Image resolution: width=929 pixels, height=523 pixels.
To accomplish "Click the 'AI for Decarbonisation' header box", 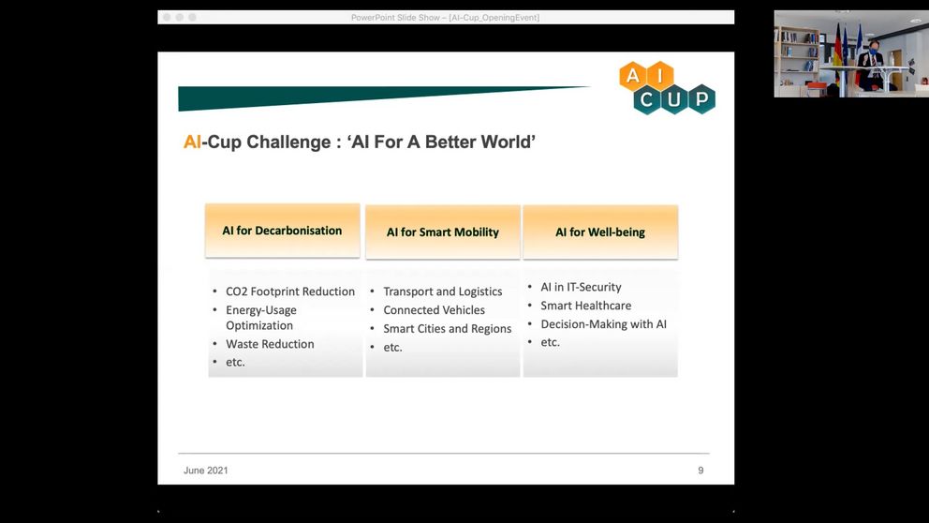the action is pyautogui.click(x=283, y=231).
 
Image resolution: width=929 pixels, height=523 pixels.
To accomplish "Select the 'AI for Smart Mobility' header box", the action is pyautogui.click(x=443, y=232).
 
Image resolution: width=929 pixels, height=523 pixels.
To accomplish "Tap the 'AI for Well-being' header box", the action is pyautogui.click(x=600, y=232).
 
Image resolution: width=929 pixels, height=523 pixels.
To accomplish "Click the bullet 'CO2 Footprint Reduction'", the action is pyautogui.click(x=289, y=291).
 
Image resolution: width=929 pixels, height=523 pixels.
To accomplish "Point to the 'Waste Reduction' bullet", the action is pyautogui.click(x=270, y=344).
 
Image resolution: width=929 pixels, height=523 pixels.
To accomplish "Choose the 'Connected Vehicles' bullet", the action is pyautogui.click(x=434, y=310).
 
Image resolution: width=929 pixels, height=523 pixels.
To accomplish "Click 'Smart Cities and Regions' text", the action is pyautogui.click(x=447, y=328).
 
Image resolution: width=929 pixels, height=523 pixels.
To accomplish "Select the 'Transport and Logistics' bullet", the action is pyautogui.click(x=443, y=291).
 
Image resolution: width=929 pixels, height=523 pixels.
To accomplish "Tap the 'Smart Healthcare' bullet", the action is pyautogui.click(x=585, y=306).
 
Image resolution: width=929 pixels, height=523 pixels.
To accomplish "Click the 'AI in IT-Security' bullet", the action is pyautogui.click(x=581, y=287).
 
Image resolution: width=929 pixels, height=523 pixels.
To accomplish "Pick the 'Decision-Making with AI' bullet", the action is pyautogui.click(x=603, y=323).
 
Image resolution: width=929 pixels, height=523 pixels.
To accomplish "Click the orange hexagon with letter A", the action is pyautogui.click(x=633, y=76).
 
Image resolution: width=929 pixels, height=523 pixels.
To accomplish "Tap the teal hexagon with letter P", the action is pyautogui.click(x=701, y=99).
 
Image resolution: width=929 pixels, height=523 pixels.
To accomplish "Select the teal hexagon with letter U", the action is pyautogui.click(x=674, y=99).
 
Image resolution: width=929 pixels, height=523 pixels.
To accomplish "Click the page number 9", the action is pyautogui.click(x=700, y=471).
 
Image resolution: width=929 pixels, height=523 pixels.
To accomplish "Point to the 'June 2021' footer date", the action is pyautogui.click(x=206, y=471).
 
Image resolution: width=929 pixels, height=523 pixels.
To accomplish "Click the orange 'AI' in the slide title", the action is pyautogui.click(x=192, y=142).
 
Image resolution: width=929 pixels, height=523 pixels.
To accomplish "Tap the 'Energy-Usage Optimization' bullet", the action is pyautogui.click(x=260, y=318).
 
